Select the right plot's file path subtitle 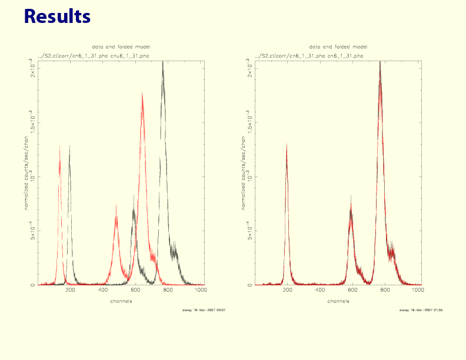(x=309, y=55)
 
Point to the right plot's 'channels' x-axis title (x=338, y=301)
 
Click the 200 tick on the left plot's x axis (x=71, y=291)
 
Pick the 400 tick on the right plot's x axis (x=320, y=291)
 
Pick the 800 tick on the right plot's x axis (x=385, y=291)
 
